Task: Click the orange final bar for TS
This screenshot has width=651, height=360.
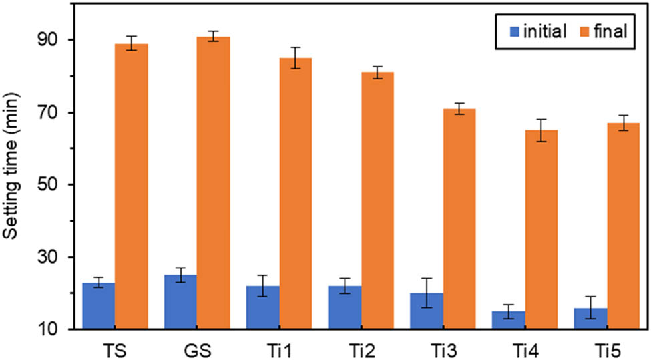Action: click(131, 187)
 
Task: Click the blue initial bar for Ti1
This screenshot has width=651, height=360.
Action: click(262, 307)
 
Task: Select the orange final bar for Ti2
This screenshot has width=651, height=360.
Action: click(377, 200)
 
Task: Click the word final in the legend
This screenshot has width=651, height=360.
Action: click(610, 31)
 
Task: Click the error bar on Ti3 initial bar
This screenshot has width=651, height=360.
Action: click(427, 293)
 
